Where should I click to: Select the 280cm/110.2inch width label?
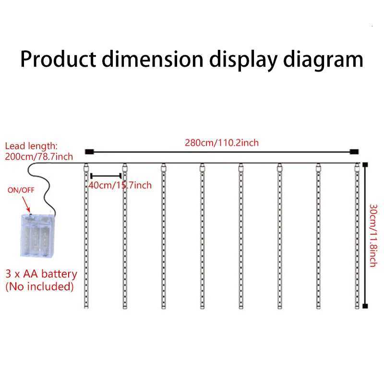(222, 143)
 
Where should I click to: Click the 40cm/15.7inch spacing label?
(120, 185)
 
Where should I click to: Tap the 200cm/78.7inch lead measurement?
(39, 156)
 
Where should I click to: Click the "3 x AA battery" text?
(41, 274)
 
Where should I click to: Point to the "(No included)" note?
(39, 287)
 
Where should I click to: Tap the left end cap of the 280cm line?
(88, 152)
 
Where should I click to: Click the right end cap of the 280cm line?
(354, 152)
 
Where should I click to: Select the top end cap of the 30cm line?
(365, 165)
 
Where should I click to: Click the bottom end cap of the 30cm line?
(365, 305)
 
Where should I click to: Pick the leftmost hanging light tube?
(86, 235)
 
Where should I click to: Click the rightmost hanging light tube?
(357, 235)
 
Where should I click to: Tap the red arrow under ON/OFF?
(28, 205)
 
